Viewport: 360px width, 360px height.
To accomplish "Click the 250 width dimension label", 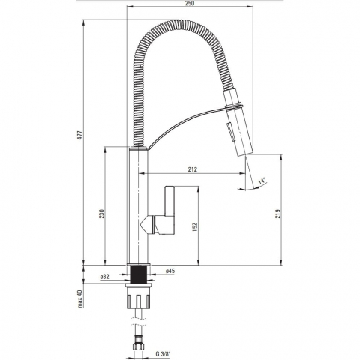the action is [x=190, y=3].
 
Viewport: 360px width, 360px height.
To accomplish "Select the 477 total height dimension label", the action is [x=79, y=135].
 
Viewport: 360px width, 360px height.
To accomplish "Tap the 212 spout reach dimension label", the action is [x=193, y=169].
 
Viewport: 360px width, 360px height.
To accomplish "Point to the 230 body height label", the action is [x=101, y=214].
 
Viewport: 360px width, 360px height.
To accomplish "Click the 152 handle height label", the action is [x=195, y=227].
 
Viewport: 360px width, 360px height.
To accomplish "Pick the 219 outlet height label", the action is [x=278, y=214].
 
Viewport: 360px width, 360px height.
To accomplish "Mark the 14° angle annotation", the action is [x=262, y=181].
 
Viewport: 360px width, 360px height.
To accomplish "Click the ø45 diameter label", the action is [x=170, y=271].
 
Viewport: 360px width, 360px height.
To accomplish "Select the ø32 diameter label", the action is [x=104, y=277].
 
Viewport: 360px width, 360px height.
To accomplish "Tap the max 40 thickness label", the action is [x=79, y=298].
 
